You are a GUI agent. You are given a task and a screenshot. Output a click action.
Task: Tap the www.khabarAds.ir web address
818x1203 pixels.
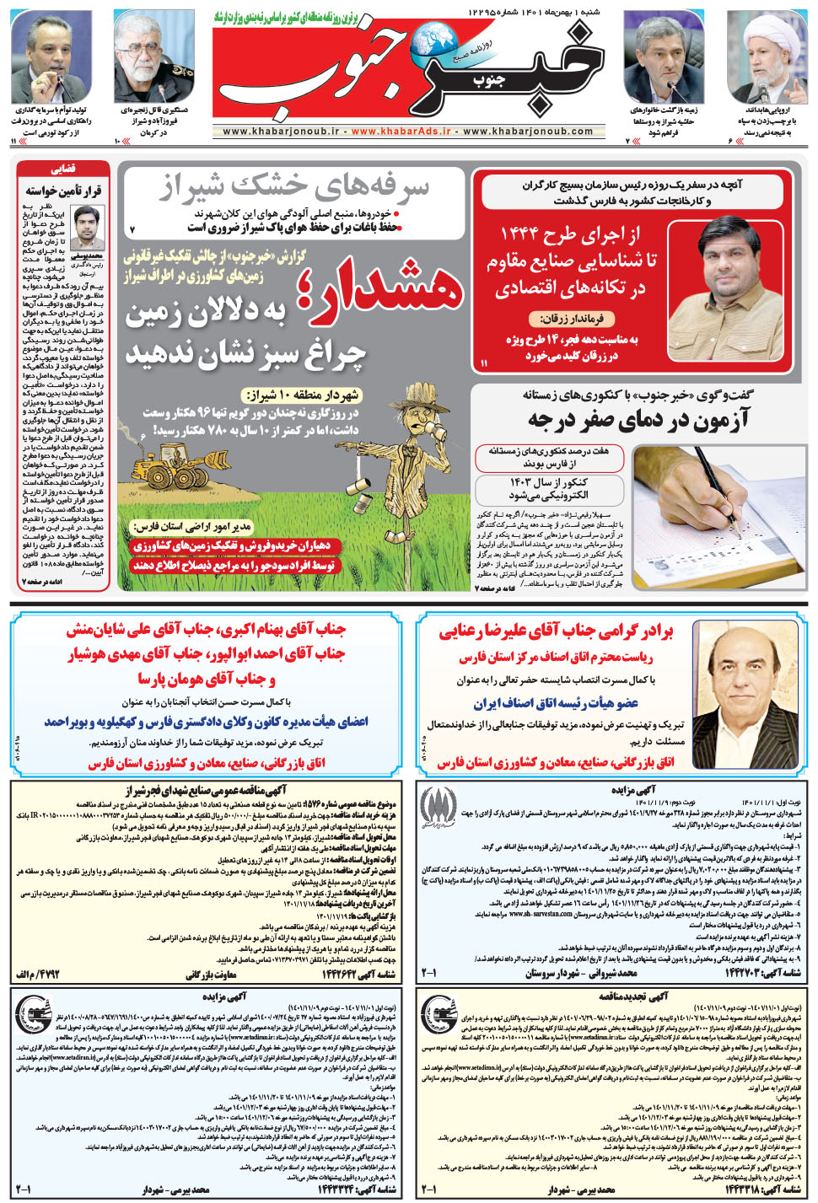point(401,132)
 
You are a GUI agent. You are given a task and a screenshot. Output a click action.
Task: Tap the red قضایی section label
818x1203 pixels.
point(63,169)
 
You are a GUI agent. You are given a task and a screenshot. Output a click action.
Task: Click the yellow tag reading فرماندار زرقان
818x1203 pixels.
point(570,319)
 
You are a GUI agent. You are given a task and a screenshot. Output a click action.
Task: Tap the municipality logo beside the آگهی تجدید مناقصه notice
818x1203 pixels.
point(439,1012)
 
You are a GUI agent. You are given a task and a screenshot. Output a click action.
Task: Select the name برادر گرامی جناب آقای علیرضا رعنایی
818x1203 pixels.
point(556,631)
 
